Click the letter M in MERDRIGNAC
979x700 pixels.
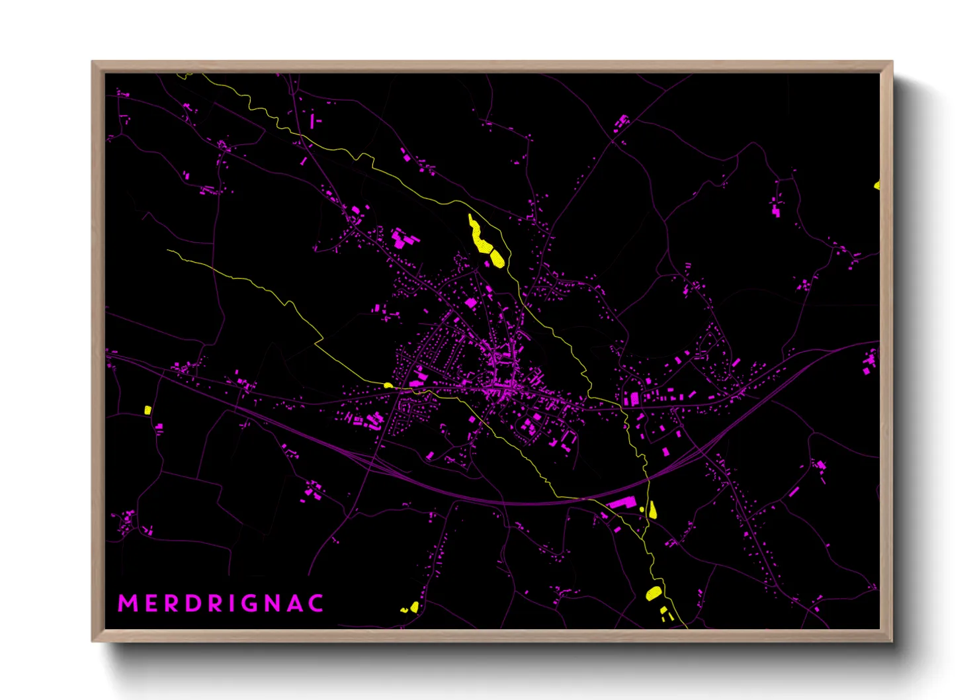tap(128, 603)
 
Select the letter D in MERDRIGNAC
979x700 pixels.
tap(193, 603)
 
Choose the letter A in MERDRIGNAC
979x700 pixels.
tap(300, 603)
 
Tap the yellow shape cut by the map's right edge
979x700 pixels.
tap(877, 185)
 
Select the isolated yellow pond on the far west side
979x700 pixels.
tap(148, 410)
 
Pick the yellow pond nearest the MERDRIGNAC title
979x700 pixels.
tap(412, 607)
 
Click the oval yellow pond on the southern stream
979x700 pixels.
tap(654, 593)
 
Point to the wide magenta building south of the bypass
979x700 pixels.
tap(622, 503)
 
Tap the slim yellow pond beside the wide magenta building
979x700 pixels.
tap(653, 509)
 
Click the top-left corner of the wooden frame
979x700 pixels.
tap(93, 62)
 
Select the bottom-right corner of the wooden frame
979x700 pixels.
tap(892, 640)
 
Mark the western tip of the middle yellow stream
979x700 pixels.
tap(168, 251)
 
